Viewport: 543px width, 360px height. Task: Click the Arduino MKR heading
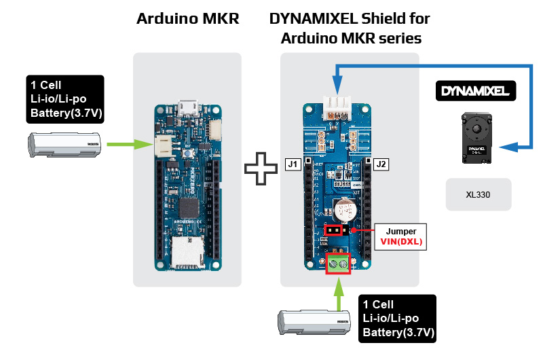(188, 19)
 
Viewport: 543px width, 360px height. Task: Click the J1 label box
(293, 164)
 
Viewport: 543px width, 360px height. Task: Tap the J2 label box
(381, 164)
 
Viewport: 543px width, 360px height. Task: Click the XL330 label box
(478, 195)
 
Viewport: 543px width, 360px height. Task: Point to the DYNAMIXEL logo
(476, 90)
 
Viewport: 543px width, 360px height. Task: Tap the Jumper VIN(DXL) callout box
(400, 236)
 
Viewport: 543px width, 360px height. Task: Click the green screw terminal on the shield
(338, 263)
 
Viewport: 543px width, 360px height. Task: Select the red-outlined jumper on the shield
(333, 230)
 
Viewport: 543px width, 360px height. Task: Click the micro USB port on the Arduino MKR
(187, 107)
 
